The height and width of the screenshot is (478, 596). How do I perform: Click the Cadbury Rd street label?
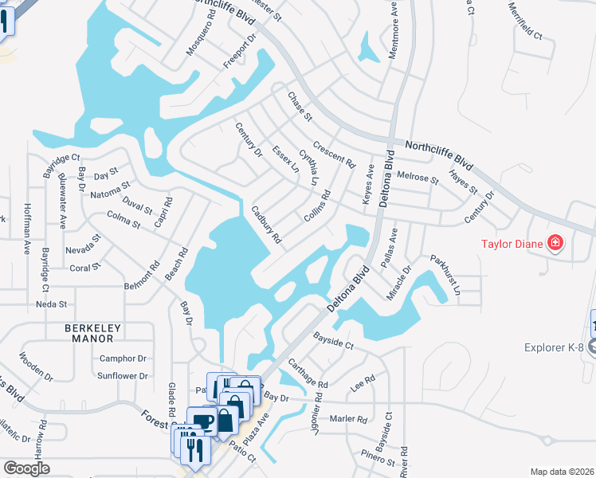[266, 225]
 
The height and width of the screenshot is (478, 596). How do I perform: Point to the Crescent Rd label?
[334, 155]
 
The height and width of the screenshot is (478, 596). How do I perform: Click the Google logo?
[26, 468]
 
